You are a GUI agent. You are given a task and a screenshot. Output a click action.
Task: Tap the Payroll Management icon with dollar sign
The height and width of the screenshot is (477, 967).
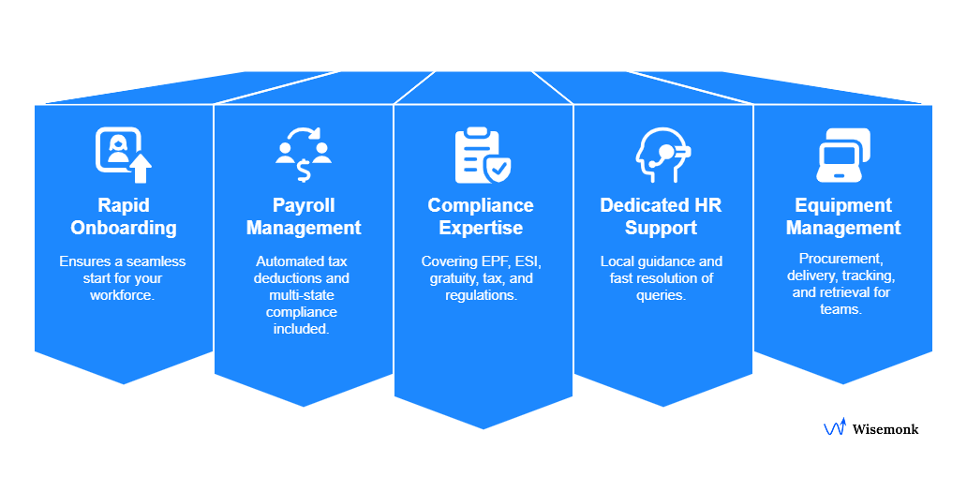(304, 156)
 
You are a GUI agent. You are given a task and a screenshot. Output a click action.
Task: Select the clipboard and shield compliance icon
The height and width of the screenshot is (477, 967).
(483, 156)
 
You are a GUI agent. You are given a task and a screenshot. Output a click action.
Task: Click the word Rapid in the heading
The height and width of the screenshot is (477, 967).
(124, 205)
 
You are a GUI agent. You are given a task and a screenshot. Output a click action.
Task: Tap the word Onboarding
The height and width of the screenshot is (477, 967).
(124, 228)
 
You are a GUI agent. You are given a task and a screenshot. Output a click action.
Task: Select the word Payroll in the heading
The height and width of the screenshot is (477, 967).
(304, 205)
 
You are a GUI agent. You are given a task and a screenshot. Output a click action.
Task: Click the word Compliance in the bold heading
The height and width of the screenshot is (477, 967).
(481, 205)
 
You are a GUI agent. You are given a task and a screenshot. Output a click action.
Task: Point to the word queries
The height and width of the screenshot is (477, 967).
(662, 295)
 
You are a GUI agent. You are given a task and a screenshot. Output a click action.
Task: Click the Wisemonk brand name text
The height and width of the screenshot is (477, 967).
(885, 429)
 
